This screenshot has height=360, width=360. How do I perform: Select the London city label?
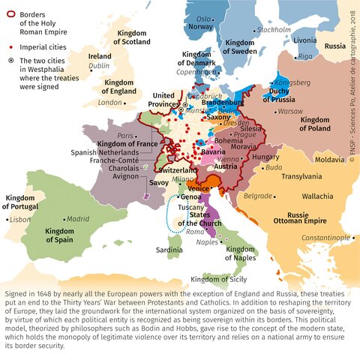tap(110, 102)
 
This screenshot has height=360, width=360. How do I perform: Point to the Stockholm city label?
tap(274, 30)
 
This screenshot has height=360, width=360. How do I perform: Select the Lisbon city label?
tap(19, 220)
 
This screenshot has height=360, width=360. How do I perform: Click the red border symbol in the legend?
tap(9, 12)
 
